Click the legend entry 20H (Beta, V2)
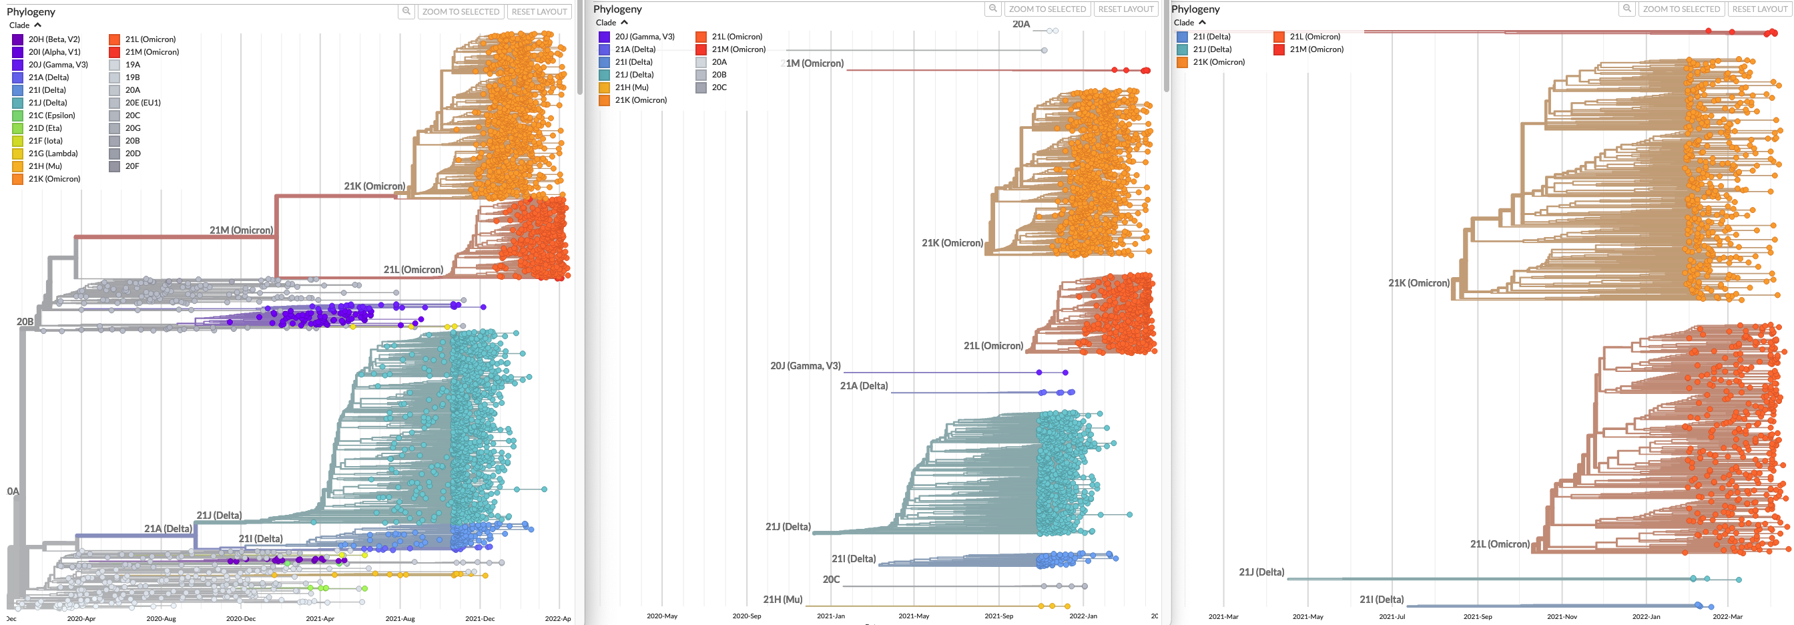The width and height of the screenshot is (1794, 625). pos(53,39)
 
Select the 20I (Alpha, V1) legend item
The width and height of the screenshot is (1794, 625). pos(53,52)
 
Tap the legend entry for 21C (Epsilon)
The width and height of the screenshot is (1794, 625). pos(51,116)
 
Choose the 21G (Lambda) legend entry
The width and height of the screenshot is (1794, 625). pos(52,154)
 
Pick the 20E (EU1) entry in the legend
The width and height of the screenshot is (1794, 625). pos(142,103)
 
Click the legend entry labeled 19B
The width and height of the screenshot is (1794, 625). pos(132,77)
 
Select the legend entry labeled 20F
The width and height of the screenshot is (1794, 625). pos(131,166)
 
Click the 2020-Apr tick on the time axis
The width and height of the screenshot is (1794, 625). pos(81,619)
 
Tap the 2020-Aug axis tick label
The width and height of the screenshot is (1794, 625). pos(161,619)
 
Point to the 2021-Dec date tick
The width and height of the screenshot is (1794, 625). pos(480,619)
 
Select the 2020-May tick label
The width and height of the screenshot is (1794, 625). pos(661,616)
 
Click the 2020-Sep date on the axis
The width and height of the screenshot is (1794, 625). pos(747,616)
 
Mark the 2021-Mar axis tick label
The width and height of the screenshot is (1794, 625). pos(1223,616)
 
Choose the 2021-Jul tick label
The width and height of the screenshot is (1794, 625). pos(1392,616)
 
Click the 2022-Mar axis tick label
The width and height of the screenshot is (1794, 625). pos(1728,616)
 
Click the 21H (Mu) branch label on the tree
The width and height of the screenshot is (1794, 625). pos(783,600)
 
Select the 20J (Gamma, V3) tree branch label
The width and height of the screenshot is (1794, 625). pos(805,366)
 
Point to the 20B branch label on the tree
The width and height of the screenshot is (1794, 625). pos(25,322)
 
